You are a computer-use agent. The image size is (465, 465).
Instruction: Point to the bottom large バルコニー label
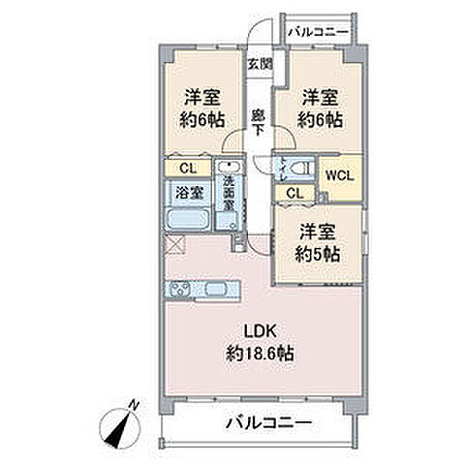tap(268, 422)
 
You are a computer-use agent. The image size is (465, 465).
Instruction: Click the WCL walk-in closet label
tap(338, 175)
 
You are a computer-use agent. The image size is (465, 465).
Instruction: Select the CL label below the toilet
tap(294, 193)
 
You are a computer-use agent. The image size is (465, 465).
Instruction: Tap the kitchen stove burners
tap(180, 290)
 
